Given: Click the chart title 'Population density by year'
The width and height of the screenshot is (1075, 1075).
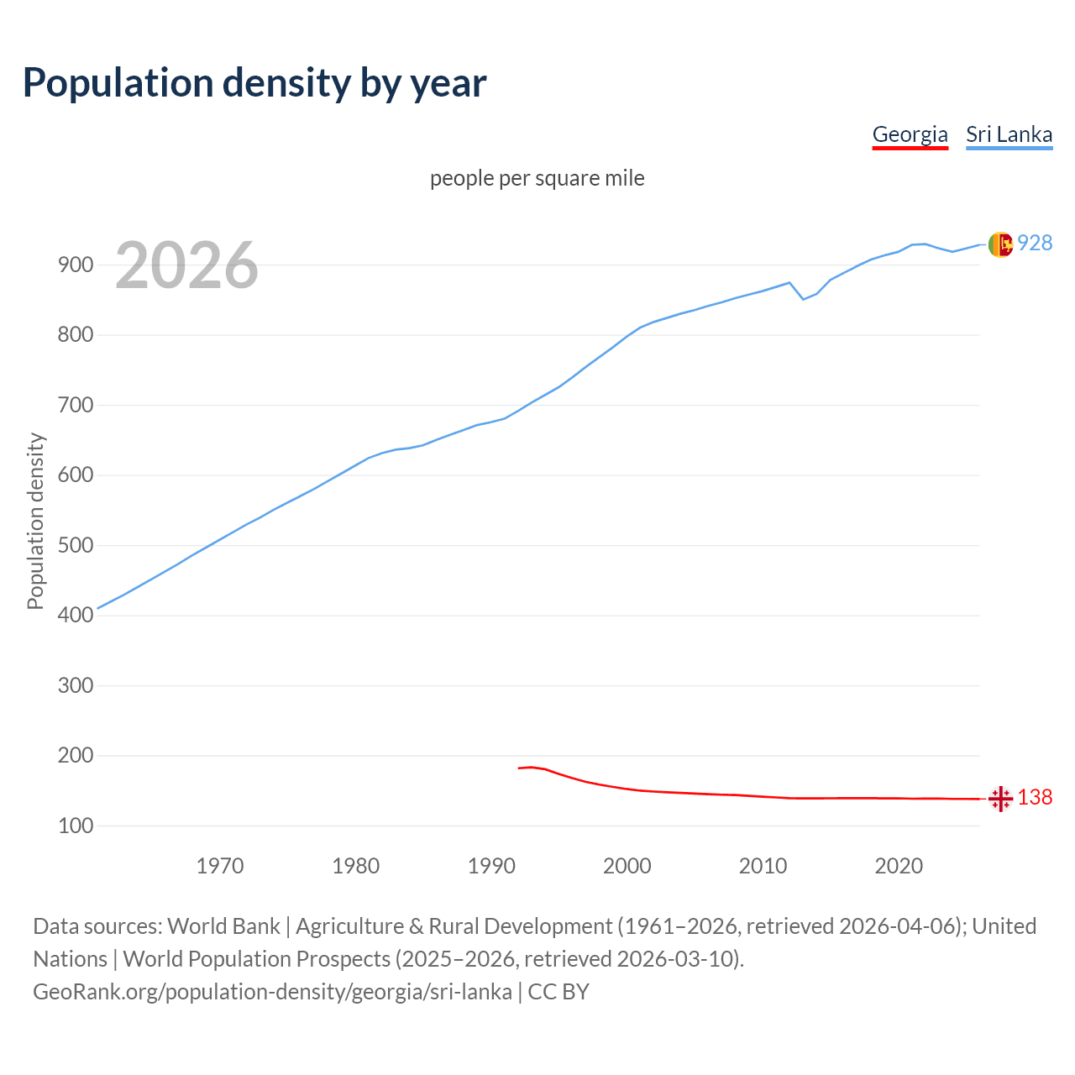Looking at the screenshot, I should (x=254, y=82).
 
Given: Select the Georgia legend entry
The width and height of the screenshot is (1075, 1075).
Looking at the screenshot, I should (x=910, y=134).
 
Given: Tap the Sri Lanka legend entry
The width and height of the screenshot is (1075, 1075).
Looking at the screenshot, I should (x=1009, y=134).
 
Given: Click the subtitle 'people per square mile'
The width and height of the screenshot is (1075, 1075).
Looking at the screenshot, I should (x=537, y=178).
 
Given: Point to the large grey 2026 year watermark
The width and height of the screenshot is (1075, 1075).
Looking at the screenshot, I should (x=186, y=265).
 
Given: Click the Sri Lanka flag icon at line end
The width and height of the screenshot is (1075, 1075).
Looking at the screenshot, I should (x=1000, y=244).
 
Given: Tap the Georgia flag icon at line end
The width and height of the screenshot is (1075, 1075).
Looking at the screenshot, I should (x=1000, y=799).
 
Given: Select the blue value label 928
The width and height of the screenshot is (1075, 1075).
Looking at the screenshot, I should (x=1035, y=243).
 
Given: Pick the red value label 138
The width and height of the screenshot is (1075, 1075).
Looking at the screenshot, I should (x=1035, y=797).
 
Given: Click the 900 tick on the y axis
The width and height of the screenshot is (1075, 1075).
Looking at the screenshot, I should (x=76, y=265).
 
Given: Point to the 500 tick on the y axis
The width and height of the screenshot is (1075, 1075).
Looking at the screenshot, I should (x=76, y=545).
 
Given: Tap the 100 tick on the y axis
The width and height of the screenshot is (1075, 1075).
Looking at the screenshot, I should (x=76, y=826).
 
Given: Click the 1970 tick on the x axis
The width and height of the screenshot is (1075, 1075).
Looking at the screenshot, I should (x=220, y=865).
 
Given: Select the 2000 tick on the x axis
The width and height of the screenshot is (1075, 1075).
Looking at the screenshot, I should (x=627, y=865).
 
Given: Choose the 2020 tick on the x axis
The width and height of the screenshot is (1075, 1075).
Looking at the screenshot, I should (x=899, y=865).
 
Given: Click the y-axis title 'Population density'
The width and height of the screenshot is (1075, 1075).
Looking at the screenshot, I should (x=35, y=521).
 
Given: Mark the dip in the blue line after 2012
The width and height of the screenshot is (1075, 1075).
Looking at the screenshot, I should (x=803, y=299).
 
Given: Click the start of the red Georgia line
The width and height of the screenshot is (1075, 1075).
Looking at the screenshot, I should (x=519, y=768).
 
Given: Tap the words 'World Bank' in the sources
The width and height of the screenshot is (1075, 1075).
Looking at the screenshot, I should (x=223, y=926).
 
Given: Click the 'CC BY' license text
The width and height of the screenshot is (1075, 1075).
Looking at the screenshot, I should (x=558, y=991).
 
